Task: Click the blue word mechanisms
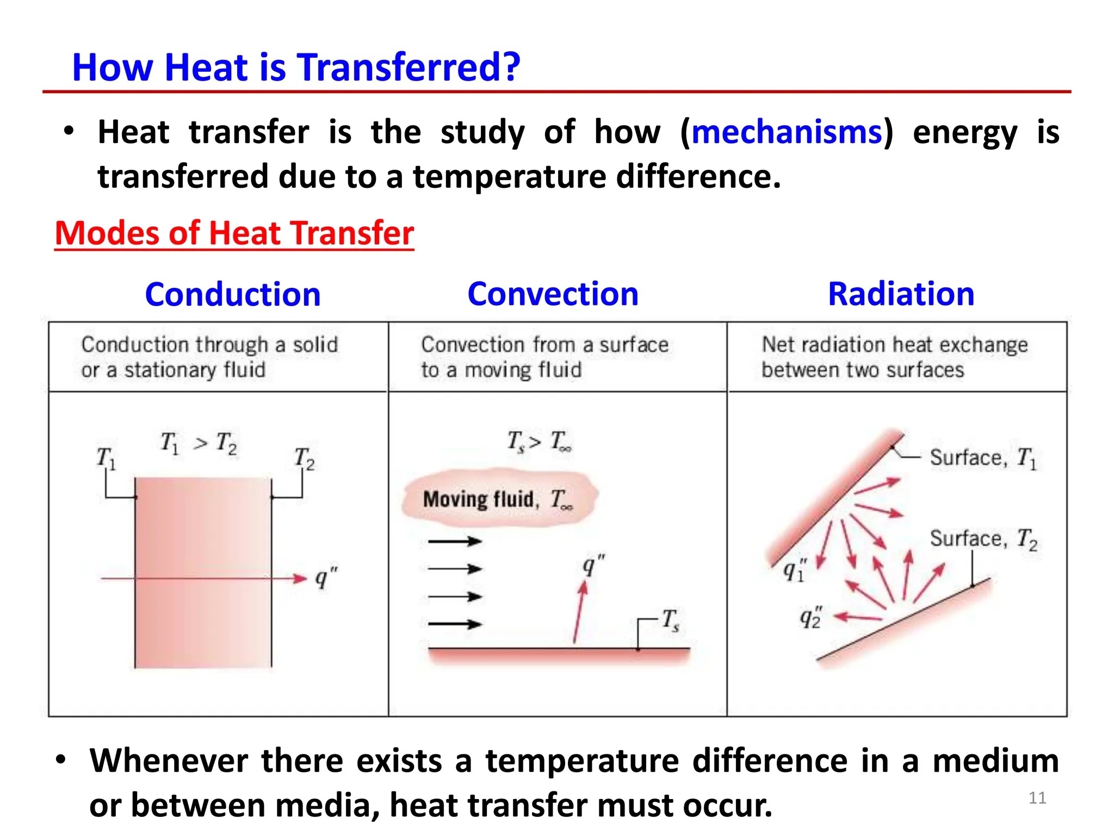787,132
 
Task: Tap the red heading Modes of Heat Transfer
234,233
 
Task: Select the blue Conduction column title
233,294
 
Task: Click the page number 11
1037,798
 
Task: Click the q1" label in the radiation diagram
795,570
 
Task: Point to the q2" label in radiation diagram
810,618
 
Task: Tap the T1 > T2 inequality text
199,443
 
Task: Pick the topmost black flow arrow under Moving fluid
455,541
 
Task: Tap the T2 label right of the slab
304,458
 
